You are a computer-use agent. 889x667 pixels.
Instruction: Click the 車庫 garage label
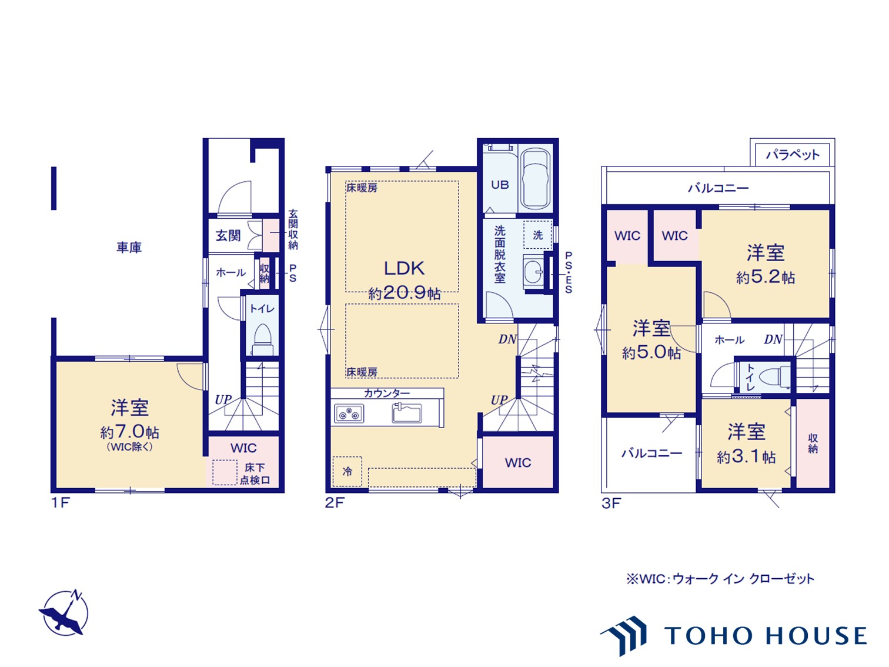pyautogui.click(x=129, y=248)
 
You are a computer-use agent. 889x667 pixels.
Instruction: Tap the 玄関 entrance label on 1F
pyautogui.click(x=228, y=236)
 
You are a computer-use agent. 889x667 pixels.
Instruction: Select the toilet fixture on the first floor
pyautogui.click(x=262, y=339)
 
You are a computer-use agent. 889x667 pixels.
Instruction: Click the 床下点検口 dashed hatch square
pyautogui.click(x=224, y=472)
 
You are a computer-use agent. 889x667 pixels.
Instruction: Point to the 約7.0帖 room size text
pyautogui.click(x=129, y=432)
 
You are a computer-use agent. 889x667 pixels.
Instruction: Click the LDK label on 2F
pyautogui.click(x=404, y=268)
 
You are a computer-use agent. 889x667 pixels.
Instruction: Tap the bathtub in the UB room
pyautogui.click(x=536, y=179)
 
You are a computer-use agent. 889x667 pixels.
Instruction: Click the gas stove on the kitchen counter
pyautogui.click(x=349, y=414)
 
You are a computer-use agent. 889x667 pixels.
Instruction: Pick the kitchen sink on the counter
pyautogui.click(x=407, y=413)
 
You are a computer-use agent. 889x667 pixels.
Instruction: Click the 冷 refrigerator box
pyautogui.click(x=347, y=471)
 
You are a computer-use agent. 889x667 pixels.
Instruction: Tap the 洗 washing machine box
pyautogui.click(x=537, y=235)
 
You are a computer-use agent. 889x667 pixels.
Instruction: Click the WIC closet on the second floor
pyautogui.click(x=518, y=463)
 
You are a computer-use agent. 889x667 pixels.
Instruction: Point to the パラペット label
pyautogui.click(x=792, y=155)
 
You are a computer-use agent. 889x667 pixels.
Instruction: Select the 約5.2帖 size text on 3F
pyautogui.click(x=766, y=278)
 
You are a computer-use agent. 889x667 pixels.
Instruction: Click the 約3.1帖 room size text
pyautogui.click(x=746, y=457)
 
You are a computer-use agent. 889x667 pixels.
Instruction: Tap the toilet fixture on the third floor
pyautogui.click(x=773, y=376)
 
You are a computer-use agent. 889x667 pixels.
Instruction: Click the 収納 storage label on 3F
pyautogui.click(x=813, y=443)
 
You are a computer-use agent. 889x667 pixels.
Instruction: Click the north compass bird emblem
pyautogui.click(x=63, y=613)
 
